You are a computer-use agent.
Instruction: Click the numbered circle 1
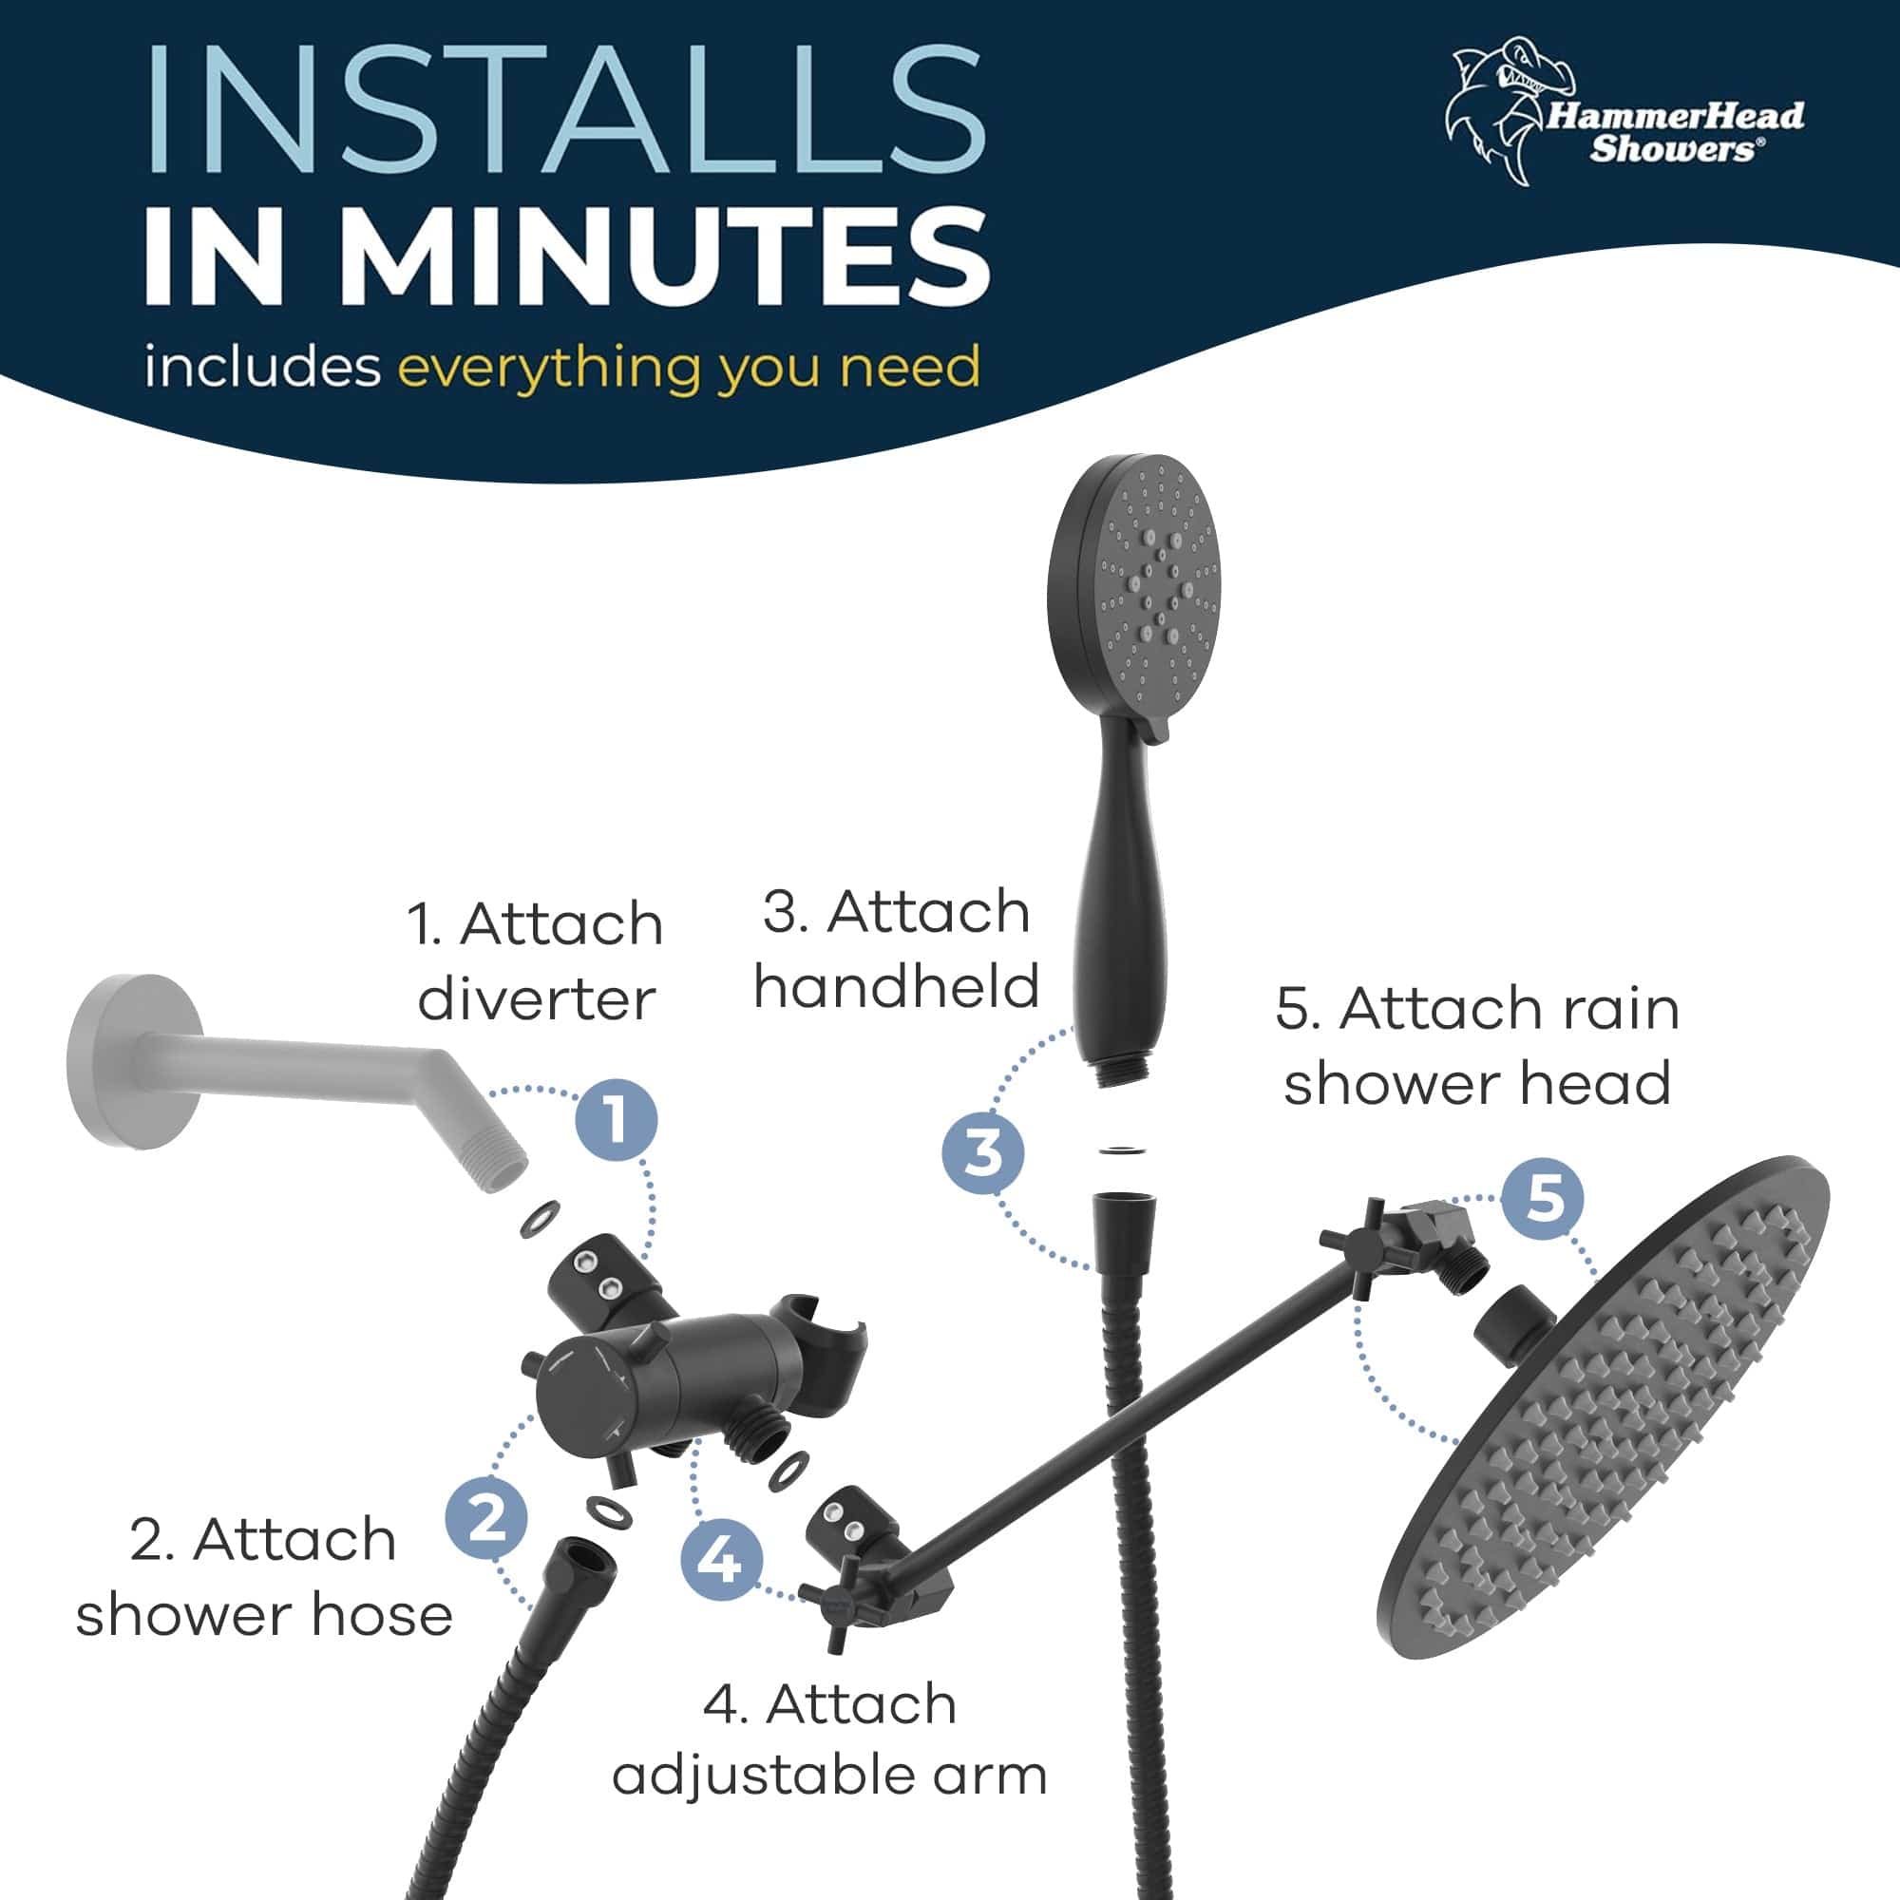pyautogui.click(x=616, y=1120)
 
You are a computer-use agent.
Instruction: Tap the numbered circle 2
pyautogui.click(x=485, y=1517)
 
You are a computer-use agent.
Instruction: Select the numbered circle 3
pyautogui.click(x=982, y=1152)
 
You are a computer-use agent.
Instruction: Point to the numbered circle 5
pyautogui.click(x=1543, y=1199)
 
